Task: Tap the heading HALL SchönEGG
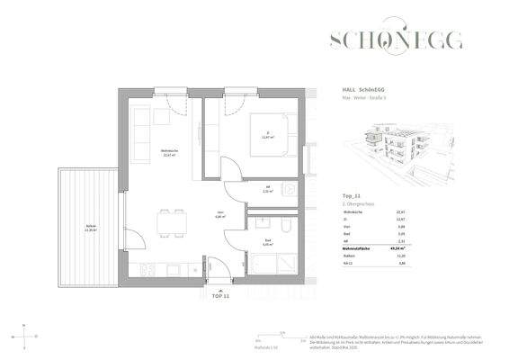pyautogui.click(x=367, y=90)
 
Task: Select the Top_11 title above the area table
pyautogui.click(x=352, y=193)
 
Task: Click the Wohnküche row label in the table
pyautogui.click(x=354, y=212)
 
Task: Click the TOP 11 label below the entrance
pyautogui.click(x=220, y=295)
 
